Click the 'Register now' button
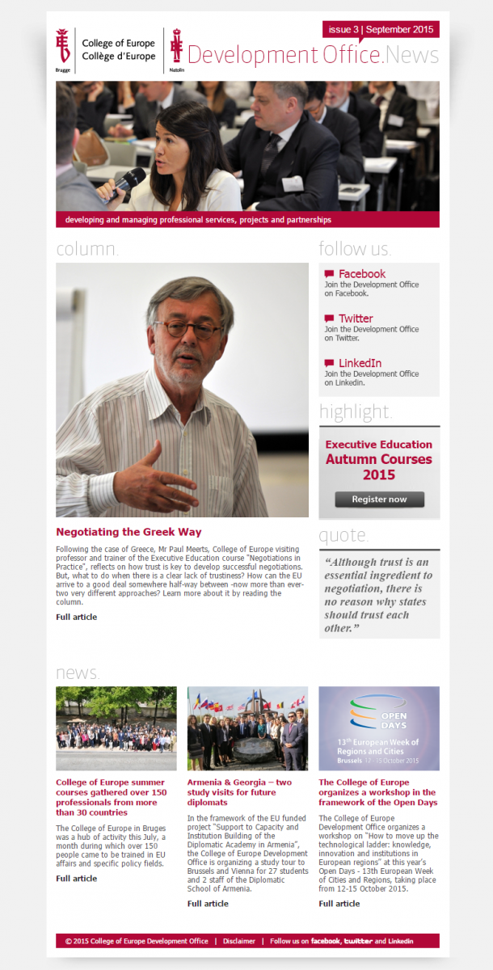[379, 500]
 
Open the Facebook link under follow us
[361, 274]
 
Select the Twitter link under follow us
[356, 318]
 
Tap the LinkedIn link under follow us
[360, 363]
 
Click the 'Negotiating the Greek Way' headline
[129, 532]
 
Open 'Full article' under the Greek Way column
[76, 617]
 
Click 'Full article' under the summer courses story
[76, 878]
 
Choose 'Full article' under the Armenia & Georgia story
[208, 903]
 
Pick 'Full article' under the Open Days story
[339, 903]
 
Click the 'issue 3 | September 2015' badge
[381, 30]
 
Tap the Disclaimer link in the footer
[239, 941]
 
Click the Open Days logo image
[378, 727]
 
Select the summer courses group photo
[116, 727]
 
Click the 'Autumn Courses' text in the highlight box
[378, 459]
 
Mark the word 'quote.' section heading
[343, 535]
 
